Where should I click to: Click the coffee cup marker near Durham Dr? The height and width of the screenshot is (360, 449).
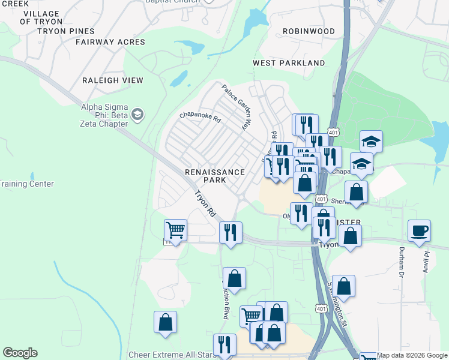click(419, 230)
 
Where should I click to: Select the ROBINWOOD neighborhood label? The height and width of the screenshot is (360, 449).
click(309, 31)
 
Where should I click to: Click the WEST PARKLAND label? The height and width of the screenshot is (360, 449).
click(289, 63)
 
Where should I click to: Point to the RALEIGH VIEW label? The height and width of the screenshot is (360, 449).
click(112, 80)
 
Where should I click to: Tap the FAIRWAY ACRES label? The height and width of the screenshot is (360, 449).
click(110, 42)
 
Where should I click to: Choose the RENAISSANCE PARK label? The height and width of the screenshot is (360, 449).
click(214, 176)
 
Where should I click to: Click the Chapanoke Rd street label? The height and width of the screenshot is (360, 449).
click(200, 117)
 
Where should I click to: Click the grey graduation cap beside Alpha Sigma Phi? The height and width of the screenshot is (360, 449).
click(137, 114)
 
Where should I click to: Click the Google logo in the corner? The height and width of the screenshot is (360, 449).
click(20, 353)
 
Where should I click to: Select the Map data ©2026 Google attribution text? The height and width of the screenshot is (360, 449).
click(412, 355)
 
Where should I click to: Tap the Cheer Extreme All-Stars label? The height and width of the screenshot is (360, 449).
click(172, 355)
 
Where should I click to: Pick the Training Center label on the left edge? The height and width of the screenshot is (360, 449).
click(26, 184)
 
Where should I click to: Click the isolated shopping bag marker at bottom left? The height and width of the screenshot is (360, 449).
click(165, 322)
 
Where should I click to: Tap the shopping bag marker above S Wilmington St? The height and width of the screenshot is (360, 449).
click(343, 286)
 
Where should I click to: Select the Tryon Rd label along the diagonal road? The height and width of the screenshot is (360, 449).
click(205, 203)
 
